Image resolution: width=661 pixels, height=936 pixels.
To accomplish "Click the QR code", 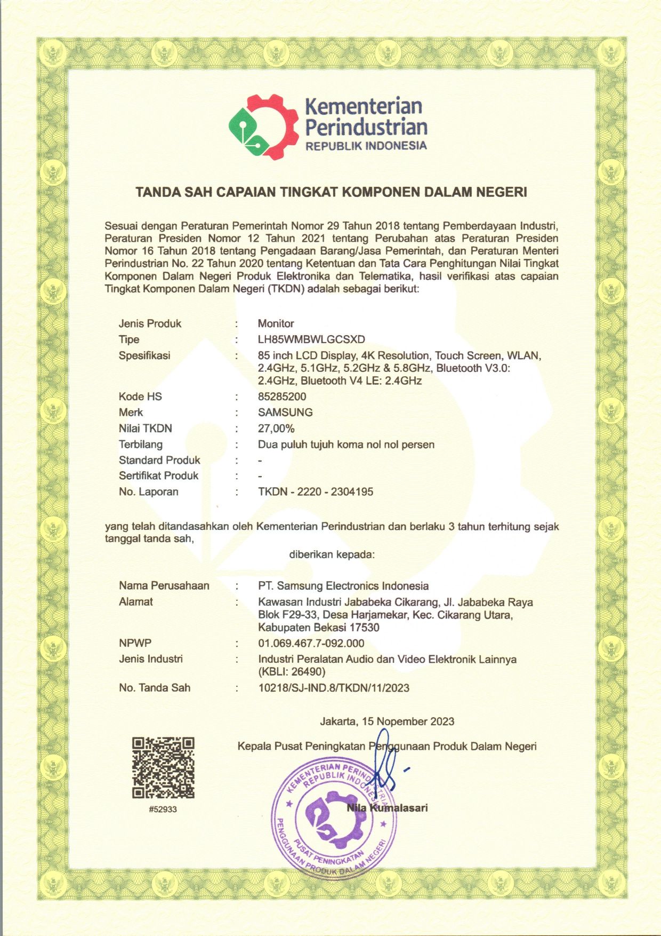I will click(x=163, y=767).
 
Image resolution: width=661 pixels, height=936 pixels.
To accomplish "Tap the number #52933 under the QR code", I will click(x=163, y=809).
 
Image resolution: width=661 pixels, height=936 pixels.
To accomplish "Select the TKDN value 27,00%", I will click(x=276, y=429).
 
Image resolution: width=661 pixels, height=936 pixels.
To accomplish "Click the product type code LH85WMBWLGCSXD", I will click(x=311, y=339).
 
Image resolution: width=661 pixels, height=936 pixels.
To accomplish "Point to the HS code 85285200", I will click(x=282, y=396).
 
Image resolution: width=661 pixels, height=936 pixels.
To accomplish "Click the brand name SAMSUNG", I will click(x=285, y=413).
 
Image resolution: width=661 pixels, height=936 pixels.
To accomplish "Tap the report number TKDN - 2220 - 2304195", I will click(x=316, y=491).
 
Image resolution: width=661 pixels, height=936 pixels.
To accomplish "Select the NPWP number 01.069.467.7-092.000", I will click(x=311, y=644).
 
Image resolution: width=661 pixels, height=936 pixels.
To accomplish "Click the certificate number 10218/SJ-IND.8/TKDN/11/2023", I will click(x=334, y=688).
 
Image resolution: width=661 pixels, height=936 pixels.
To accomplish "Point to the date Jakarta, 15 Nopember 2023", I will click(x=387, y=721).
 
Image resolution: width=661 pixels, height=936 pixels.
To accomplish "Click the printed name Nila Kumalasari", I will click(x=387, y=807).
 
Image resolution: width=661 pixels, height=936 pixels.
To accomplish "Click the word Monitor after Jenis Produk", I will click(x=276, y=323).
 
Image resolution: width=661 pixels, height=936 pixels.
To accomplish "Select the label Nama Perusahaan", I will click(x=164, y=586).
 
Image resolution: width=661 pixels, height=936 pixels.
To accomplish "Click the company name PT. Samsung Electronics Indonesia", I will click(x=343, y=586).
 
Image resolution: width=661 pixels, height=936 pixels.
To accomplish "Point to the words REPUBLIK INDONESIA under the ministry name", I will click(x=366, y=146).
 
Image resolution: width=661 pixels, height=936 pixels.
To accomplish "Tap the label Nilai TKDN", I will click(x=146, y=429).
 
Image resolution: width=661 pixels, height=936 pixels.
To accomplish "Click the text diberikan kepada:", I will click(x=332, y=554).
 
